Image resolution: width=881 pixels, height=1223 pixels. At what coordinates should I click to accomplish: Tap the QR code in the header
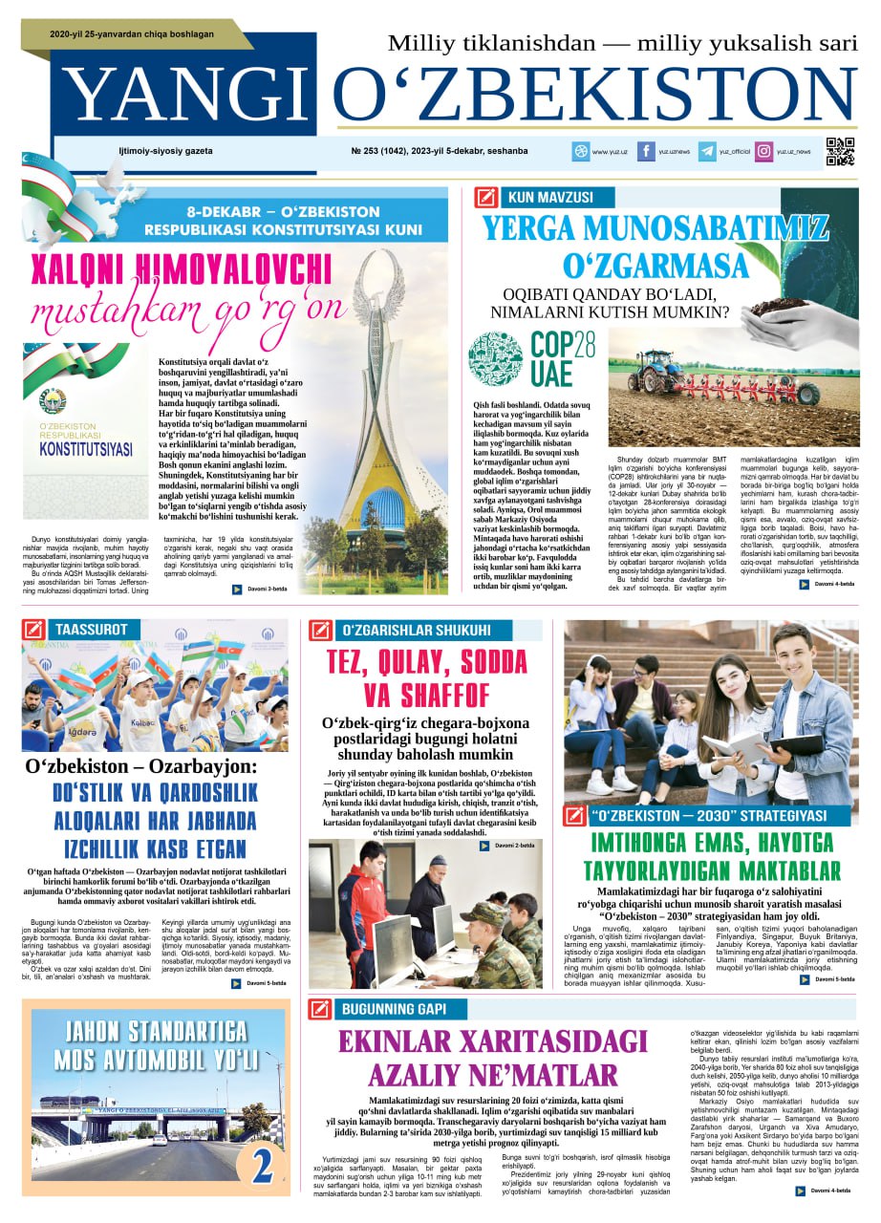click(x=840, y=151)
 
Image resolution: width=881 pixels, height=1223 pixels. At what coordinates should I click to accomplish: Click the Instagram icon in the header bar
click(x=764, y=151)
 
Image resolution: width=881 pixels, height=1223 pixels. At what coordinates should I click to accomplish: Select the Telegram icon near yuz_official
click(x=707, y=151)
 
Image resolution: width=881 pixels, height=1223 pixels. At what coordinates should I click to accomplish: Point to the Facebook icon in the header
click(x=646, y=151)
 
